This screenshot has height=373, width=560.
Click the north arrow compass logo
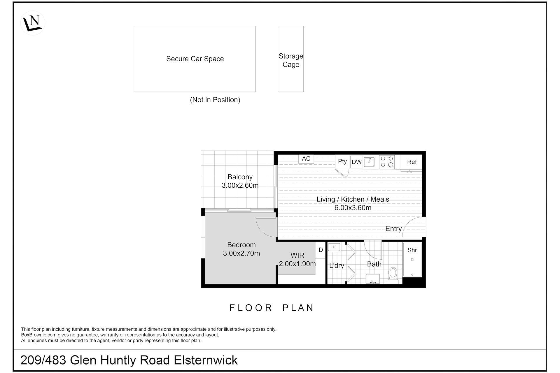click(33, 23)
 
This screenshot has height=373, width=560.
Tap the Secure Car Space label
click(195, 59)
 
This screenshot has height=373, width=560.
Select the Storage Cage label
click(291, 60)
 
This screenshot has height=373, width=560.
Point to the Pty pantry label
click(342, 161)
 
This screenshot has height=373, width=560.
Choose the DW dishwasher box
click(356, 162)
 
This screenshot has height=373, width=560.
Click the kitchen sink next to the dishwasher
click(369, 162)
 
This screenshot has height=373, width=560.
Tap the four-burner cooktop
click(387, 162)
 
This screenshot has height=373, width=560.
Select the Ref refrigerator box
click(412, 162)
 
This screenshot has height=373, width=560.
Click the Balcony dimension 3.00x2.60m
click(240, 185)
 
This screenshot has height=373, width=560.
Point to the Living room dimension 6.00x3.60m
click(353, 208)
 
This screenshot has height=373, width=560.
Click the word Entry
click(393, 229)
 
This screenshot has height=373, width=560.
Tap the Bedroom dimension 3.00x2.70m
click(242, 253)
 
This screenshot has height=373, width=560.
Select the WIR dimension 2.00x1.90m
click(297, 264)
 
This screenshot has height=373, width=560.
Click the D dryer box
click(321, 250)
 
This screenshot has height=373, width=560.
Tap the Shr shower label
click(412, 250)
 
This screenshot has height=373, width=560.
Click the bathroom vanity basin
click(373, 279)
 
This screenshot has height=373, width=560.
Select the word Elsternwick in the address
click(206, 360)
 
